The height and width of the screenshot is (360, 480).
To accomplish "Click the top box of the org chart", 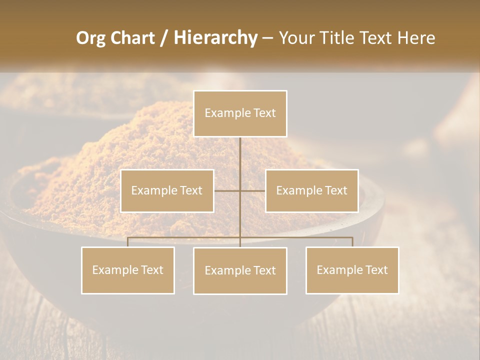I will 240,113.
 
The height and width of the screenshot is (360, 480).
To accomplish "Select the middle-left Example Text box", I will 167,190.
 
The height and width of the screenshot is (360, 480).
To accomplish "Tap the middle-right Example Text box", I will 311,190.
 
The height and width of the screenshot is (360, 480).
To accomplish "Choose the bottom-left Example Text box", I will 128,270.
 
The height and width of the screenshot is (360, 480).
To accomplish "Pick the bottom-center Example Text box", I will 240,270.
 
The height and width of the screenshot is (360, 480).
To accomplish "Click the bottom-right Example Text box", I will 352,270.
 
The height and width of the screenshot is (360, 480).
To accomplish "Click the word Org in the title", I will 90,38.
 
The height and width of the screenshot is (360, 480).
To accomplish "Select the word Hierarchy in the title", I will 215,38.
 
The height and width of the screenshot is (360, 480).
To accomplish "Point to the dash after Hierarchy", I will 267,38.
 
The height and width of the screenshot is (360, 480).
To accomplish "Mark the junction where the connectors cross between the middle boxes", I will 240,190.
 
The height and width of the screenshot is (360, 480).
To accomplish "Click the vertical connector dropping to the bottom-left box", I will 128,242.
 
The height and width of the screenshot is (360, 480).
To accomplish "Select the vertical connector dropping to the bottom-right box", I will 352,242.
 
